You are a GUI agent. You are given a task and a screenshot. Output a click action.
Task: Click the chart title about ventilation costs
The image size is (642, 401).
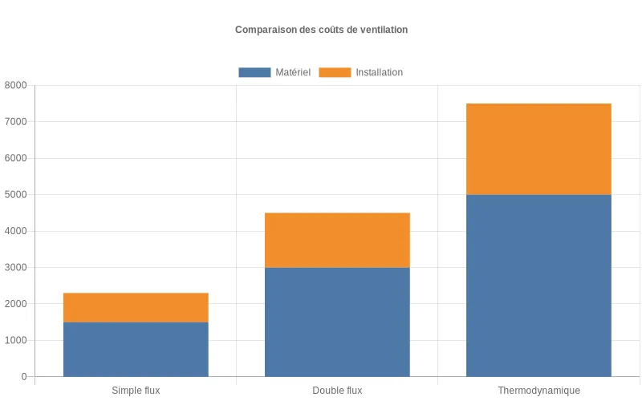(x=321, y=30)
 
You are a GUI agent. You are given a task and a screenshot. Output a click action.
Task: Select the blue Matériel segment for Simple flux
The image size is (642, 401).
(x=136, y=349)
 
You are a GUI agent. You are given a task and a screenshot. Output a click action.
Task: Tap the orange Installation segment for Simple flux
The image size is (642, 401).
(x=136, y=307)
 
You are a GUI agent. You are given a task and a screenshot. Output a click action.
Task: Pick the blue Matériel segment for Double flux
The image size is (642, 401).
(x=337, y=322)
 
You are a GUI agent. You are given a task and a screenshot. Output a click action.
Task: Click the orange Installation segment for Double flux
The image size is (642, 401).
(x=337, y=240)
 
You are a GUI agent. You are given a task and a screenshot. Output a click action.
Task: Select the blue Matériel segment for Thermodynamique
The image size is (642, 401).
(x=538, y=286)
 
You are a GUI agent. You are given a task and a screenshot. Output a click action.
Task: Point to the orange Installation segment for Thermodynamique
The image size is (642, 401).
(x=538, y=149)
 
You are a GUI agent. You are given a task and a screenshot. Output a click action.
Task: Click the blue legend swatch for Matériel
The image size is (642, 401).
(x=254, y=72)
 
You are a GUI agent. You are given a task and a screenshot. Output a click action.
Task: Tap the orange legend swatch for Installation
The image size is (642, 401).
(x=335, y=72)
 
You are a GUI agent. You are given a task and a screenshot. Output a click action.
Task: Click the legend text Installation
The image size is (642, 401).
(x=380, y=72)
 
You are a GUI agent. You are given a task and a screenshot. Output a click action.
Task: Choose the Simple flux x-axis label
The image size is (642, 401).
(x=136, y=391)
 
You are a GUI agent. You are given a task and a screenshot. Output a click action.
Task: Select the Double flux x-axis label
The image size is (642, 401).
(x=337, y=391)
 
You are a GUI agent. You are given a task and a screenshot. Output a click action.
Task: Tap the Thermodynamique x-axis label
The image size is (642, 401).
(x=538, y=391)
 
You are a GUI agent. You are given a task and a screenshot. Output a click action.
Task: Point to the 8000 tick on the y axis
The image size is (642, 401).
(x=15, y=85)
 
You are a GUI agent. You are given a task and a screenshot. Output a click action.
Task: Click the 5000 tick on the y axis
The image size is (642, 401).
(x=15, y=195)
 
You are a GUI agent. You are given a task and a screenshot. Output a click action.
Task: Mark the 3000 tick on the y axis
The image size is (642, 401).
(x=15, y=267)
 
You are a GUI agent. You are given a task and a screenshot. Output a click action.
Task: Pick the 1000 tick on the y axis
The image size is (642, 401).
(x=15, y=340)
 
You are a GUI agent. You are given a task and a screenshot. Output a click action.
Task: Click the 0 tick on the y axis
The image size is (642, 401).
(x=24, y=377)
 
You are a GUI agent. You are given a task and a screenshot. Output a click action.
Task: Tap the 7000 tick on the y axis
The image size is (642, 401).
(x=15, y=122)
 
